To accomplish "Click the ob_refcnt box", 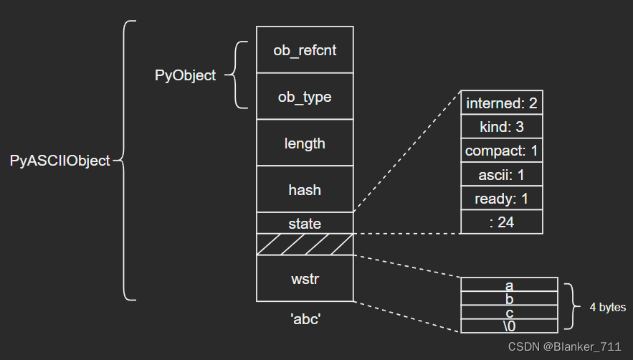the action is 305,49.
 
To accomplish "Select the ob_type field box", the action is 305,96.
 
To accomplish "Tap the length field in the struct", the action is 305,143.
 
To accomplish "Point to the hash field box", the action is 305,189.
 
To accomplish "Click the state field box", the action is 305,223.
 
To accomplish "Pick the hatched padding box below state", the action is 305,245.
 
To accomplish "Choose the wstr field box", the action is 305,278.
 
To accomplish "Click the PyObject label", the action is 185,75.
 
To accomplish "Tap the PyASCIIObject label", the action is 60,161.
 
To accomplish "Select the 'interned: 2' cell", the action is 501,103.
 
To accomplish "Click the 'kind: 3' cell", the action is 501,126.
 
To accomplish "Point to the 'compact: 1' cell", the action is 501,151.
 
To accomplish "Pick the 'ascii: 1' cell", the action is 501,174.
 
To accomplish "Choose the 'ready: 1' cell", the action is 501,198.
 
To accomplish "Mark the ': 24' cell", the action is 501,222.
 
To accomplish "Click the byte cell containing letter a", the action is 509,285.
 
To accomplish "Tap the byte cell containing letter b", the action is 509,298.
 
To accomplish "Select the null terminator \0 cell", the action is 509,326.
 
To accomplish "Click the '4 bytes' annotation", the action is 608,307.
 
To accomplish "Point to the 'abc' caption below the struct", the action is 305,319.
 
